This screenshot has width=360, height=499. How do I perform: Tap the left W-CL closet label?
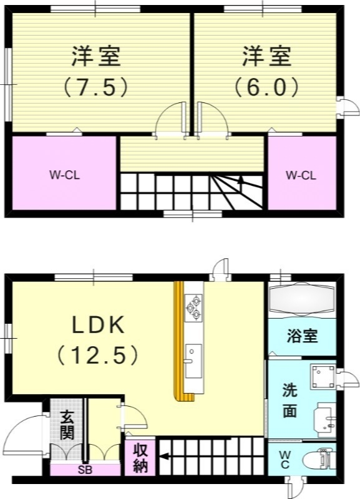(65, 175)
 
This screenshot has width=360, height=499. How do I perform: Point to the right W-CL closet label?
(301, 175)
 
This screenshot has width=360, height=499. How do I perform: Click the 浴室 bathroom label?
(303, 336)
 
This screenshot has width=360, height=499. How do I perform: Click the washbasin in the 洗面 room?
(325, 417)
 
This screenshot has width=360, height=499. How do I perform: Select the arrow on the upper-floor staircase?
(240, 180)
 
